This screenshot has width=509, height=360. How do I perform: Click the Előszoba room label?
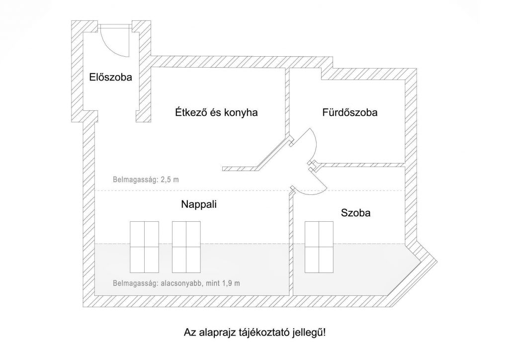(110, 77)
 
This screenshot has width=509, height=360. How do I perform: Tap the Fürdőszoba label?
(349, 113)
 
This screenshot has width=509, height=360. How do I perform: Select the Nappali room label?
(199, 204)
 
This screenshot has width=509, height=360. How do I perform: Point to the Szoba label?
(355, 213)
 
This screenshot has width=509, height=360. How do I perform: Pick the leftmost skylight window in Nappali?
(144, 247)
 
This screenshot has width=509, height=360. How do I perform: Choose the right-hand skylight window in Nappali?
(186, 247)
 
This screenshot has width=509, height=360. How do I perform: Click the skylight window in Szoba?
(319, 247)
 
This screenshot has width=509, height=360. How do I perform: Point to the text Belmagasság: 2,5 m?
(146, 180)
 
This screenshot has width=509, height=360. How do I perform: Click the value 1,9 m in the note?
(231, 283)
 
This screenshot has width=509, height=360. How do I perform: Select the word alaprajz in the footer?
(217, 333)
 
